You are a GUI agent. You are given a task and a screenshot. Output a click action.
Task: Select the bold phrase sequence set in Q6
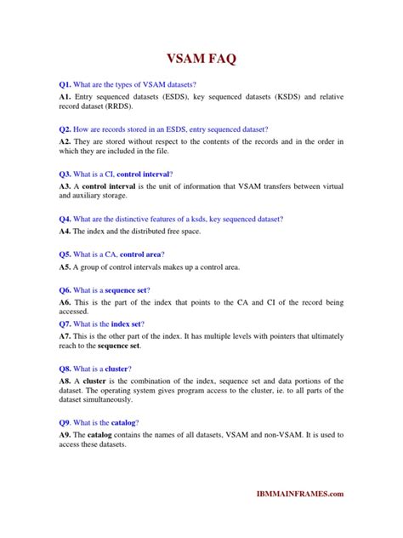pos(125,290)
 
